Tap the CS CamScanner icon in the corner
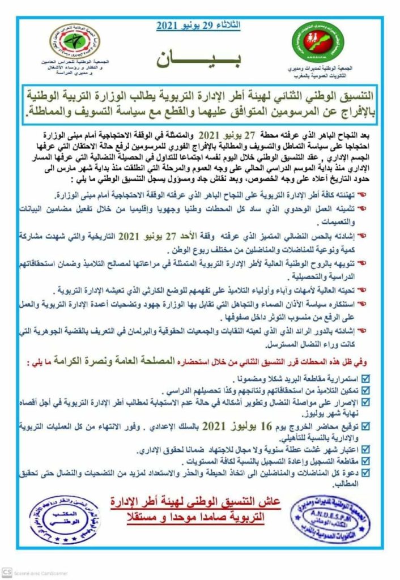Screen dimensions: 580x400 pyautogui.click(x=7, y=572)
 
